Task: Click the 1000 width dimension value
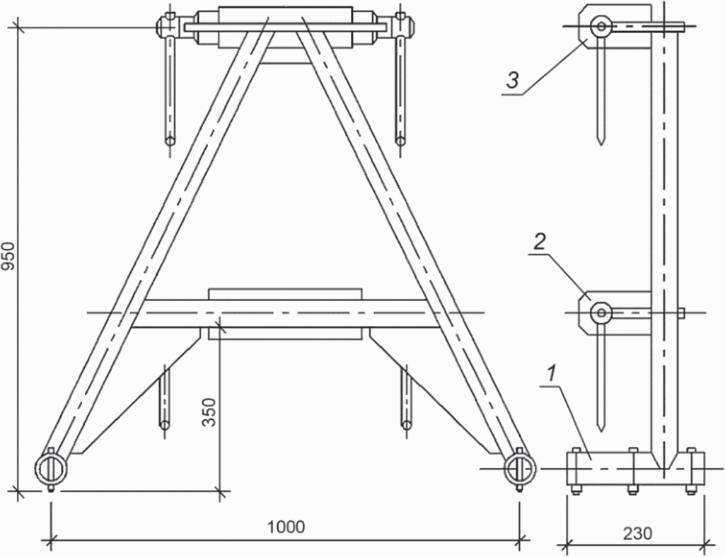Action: click(286, 527)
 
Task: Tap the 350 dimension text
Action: click(209, 412)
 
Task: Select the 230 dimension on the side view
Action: click(637, 534)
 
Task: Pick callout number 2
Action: click(539, 242)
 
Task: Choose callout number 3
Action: click(513, 81)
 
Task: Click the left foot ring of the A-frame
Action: click(51, 469)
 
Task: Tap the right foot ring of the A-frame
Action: click(520, 469)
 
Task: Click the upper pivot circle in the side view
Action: click(601, 26)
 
